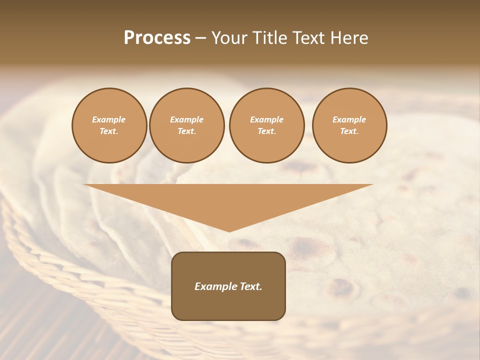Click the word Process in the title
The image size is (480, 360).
(157, 38)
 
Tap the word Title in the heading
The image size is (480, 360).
(269, 38)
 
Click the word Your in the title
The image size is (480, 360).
(228, 38)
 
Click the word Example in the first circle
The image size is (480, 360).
(109, 119)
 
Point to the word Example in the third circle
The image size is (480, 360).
(266, 119)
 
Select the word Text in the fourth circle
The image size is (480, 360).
(348, 131)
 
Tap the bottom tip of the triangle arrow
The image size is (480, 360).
(229, 230)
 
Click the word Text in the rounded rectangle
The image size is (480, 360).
(250, 286)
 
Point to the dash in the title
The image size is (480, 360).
(201, 38)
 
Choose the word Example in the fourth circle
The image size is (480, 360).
(349, 119)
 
